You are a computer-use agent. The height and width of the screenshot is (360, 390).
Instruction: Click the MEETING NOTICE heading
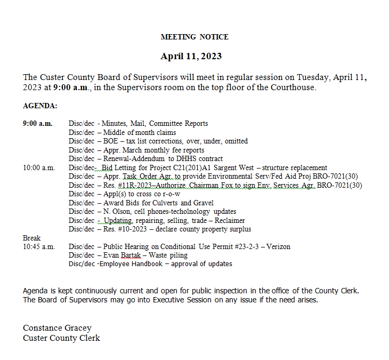pos(194,37)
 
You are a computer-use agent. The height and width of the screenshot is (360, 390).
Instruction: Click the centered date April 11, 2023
pos(191,56)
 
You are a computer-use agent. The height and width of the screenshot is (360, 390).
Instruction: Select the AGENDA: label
pos(40,106)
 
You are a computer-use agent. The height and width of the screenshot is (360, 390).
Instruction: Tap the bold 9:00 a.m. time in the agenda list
pos(37,124)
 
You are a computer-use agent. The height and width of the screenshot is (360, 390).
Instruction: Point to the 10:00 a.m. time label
pos(39,167)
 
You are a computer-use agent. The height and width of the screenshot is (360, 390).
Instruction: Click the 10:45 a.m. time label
pos(39,246)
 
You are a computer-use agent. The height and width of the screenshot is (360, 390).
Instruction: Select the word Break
pos(31,238)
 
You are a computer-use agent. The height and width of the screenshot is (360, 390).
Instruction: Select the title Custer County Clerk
pos(61,338)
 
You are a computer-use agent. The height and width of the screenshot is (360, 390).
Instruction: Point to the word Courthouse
pos(294,87)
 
